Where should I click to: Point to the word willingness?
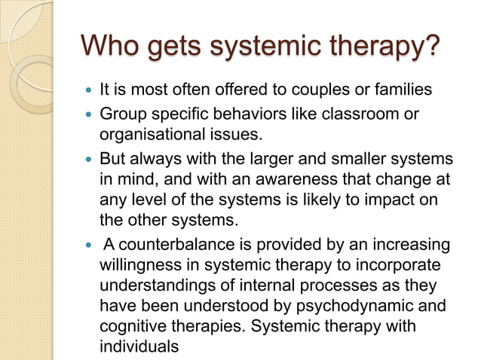[136, 266]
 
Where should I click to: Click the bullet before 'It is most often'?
[88, 90]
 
